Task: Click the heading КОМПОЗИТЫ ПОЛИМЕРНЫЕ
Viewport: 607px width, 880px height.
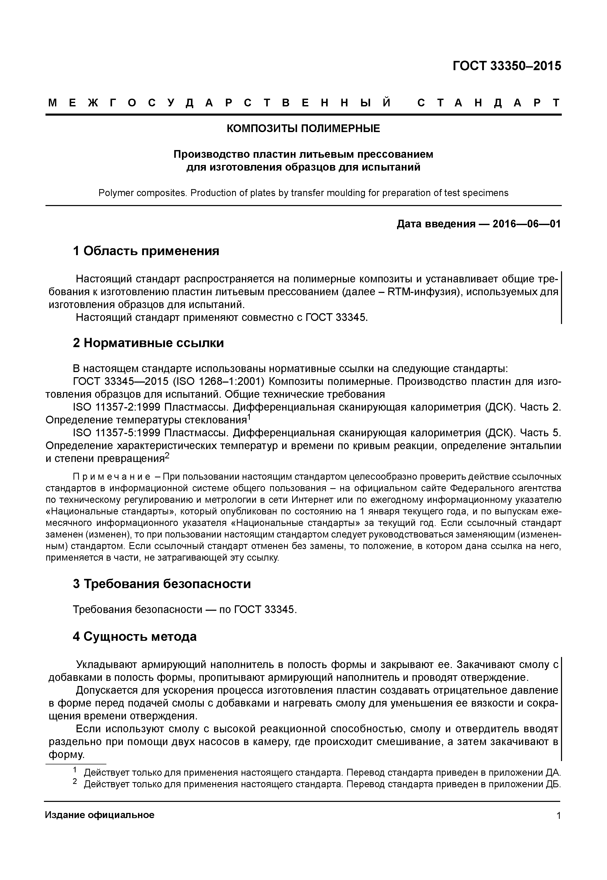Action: click(303, 128)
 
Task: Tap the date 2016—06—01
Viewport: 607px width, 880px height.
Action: click(526, 224)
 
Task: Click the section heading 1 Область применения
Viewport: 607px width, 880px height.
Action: click(146, 251)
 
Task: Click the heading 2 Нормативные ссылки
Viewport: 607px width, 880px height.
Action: click(148, 343)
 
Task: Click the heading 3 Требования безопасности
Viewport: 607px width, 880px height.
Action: click(162, 584)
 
